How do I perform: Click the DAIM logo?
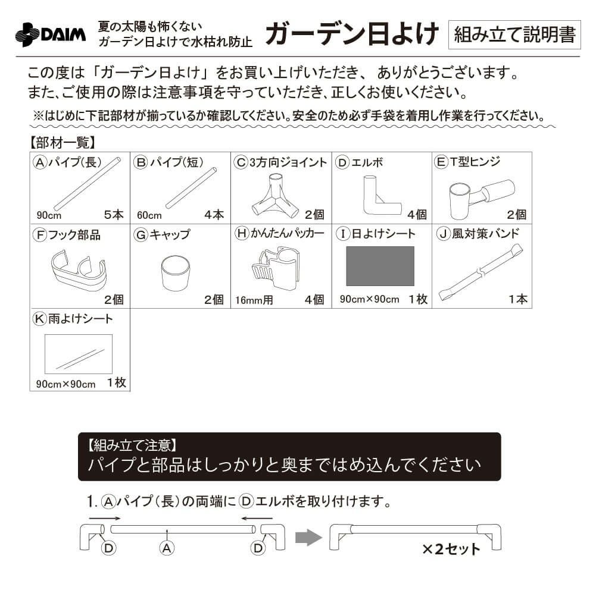coord(50,34)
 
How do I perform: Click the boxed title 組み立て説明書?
coord(514,34)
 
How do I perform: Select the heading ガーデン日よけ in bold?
coord(351,34)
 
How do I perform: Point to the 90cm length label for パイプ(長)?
coord(48,215)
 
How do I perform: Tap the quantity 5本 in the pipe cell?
coord(113,215)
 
